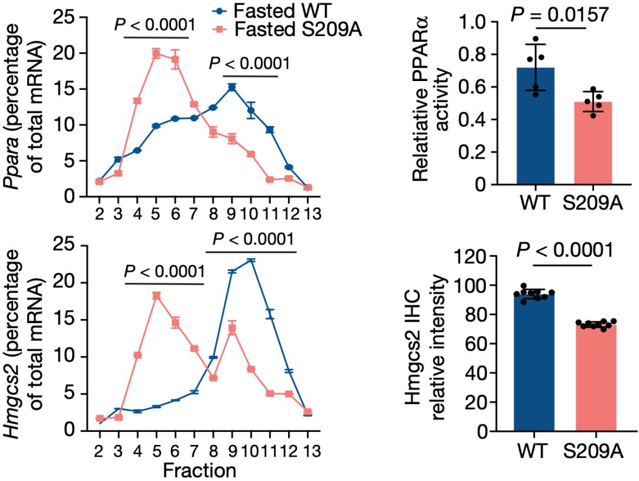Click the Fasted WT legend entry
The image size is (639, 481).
277,10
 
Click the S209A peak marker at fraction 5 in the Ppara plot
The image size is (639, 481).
157,54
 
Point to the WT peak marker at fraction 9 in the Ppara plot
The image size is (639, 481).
232,87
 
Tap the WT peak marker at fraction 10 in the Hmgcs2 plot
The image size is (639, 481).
251,260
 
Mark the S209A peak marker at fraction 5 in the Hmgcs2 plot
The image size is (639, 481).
157,296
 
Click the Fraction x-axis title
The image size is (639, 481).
200,471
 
